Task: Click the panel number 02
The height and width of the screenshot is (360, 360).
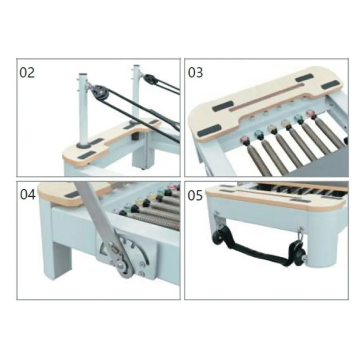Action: [x=27, y=73]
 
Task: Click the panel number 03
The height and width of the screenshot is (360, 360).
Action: [x=195, y=73]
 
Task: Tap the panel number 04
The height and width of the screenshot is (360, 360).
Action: [x=28, y=194]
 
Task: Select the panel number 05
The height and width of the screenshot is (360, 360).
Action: [x=195, y=196]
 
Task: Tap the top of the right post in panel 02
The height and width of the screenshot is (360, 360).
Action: [x=136, y=66]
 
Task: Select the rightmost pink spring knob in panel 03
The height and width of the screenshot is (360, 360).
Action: [x=311, y=113]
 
